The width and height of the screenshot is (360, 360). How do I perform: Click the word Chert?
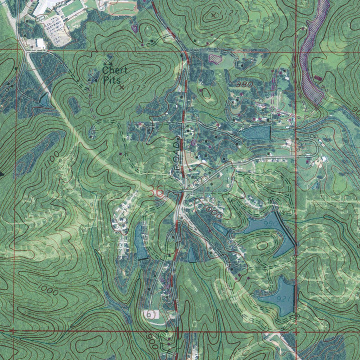115,70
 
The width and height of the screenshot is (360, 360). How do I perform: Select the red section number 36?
155,192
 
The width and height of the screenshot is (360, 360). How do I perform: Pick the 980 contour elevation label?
245,84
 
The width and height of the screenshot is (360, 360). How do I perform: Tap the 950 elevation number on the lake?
271,224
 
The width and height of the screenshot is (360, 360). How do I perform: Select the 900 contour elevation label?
152,341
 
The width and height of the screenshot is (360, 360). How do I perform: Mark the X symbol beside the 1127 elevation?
214,15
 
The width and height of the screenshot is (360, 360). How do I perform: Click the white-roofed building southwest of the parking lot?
40,44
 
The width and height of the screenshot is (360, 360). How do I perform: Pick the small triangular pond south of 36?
192,255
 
